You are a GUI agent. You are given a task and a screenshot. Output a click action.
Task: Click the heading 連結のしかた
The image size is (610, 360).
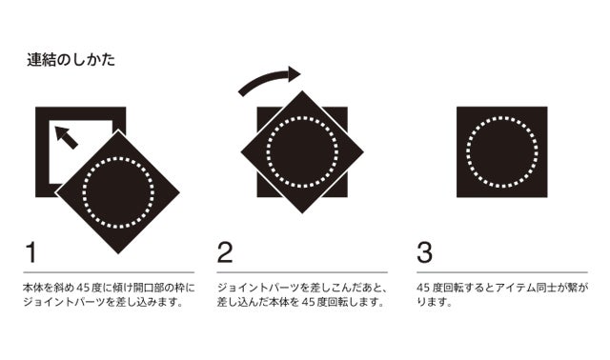tap(71, 60)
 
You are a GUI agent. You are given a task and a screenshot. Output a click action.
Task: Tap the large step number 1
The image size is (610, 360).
tap(31, 252)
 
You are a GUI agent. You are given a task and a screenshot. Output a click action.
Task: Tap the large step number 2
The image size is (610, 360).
tap(225, 252)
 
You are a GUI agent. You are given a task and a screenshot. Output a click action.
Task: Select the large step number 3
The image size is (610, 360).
tap(424, 252)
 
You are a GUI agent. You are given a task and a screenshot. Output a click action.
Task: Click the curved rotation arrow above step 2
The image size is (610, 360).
tap(265, 78)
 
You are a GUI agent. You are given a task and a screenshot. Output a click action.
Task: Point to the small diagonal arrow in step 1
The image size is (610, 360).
tap(66, 137)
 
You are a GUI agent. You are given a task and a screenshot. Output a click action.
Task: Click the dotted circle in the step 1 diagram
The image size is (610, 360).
tap(118, 157)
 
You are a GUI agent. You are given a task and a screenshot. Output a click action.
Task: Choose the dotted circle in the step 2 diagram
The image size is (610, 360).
tap(302, 116)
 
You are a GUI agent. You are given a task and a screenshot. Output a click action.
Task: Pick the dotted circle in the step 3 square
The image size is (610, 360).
tap(502, 116)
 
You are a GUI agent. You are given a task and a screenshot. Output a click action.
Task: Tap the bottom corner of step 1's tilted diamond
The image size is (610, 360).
tap(118, 254)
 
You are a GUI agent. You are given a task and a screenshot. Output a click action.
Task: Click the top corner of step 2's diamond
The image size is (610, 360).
tap(302, 91)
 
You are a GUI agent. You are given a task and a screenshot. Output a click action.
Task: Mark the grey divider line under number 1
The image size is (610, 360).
tap(109, 272)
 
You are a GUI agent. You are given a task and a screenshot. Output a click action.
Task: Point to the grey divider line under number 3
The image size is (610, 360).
tap(502, 272)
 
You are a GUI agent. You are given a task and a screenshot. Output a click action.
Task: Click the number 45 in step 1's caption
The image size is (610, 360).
tap(83, 288)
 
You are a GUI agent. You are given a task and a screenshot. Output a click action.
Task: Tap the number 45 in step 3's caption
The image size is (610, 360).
tap(423, 288)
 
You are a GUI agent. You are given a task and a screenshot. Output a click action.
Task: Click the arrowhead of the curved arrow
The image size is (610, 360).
tap(295, 74)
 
